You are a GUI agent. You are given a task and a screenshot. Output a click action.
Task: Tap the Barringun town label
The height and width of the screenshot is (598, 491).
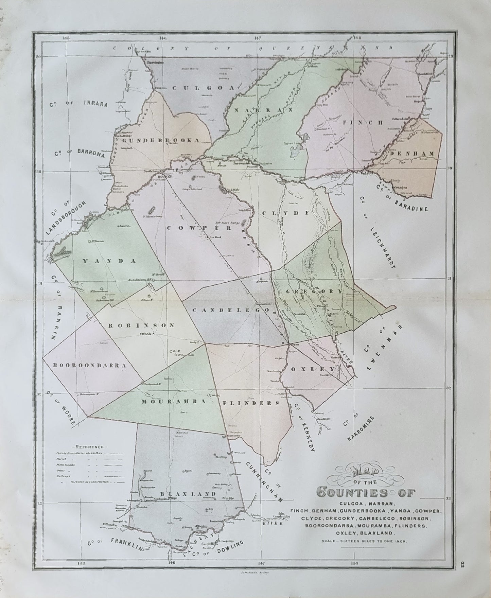[155, 63]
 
